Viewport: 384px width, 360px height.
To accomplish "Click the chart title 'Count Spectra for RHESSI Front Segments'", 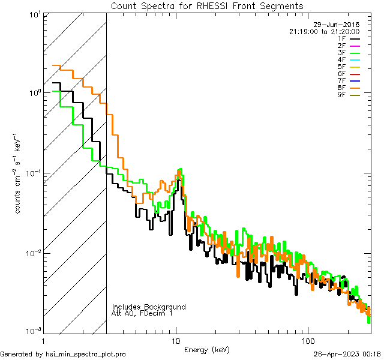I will tap(207, 5).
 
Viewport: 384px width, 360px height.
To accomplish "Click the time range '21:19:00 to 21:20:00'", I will tap(325, 31).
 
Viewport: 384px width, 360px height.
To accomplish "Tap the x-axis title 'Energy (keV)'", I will tap(206, 349).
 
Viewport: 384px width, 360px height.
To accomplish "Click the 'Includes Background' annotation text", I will tap(149, 307).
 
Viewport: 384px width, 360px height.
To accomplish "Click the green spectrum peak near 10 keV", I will tap(180, 170).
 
